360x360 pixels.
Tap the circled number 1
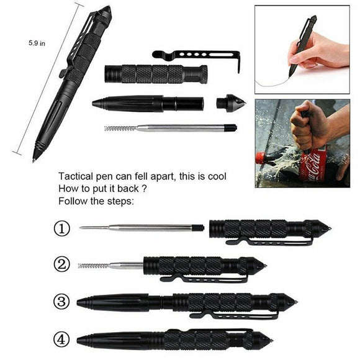coord(61,229)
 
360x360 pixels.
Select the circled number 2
coord(61,265)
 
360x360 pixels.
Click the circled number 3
coord(61,302)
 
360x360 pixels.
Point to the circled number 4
coord(61,340)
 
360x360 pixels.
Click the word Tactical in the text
coord(74,177)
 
